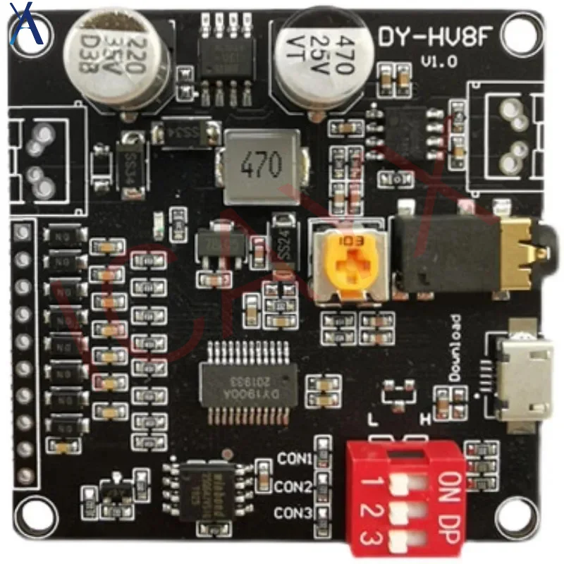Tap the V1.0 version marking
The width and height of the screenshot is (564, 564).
[439, 61]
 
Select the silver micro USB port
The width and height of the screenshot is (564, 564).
[522, 377]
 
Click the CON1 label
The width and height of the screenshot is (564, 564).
[294, 460]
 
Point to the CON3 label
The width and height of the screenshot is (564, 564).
[294, 512]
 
